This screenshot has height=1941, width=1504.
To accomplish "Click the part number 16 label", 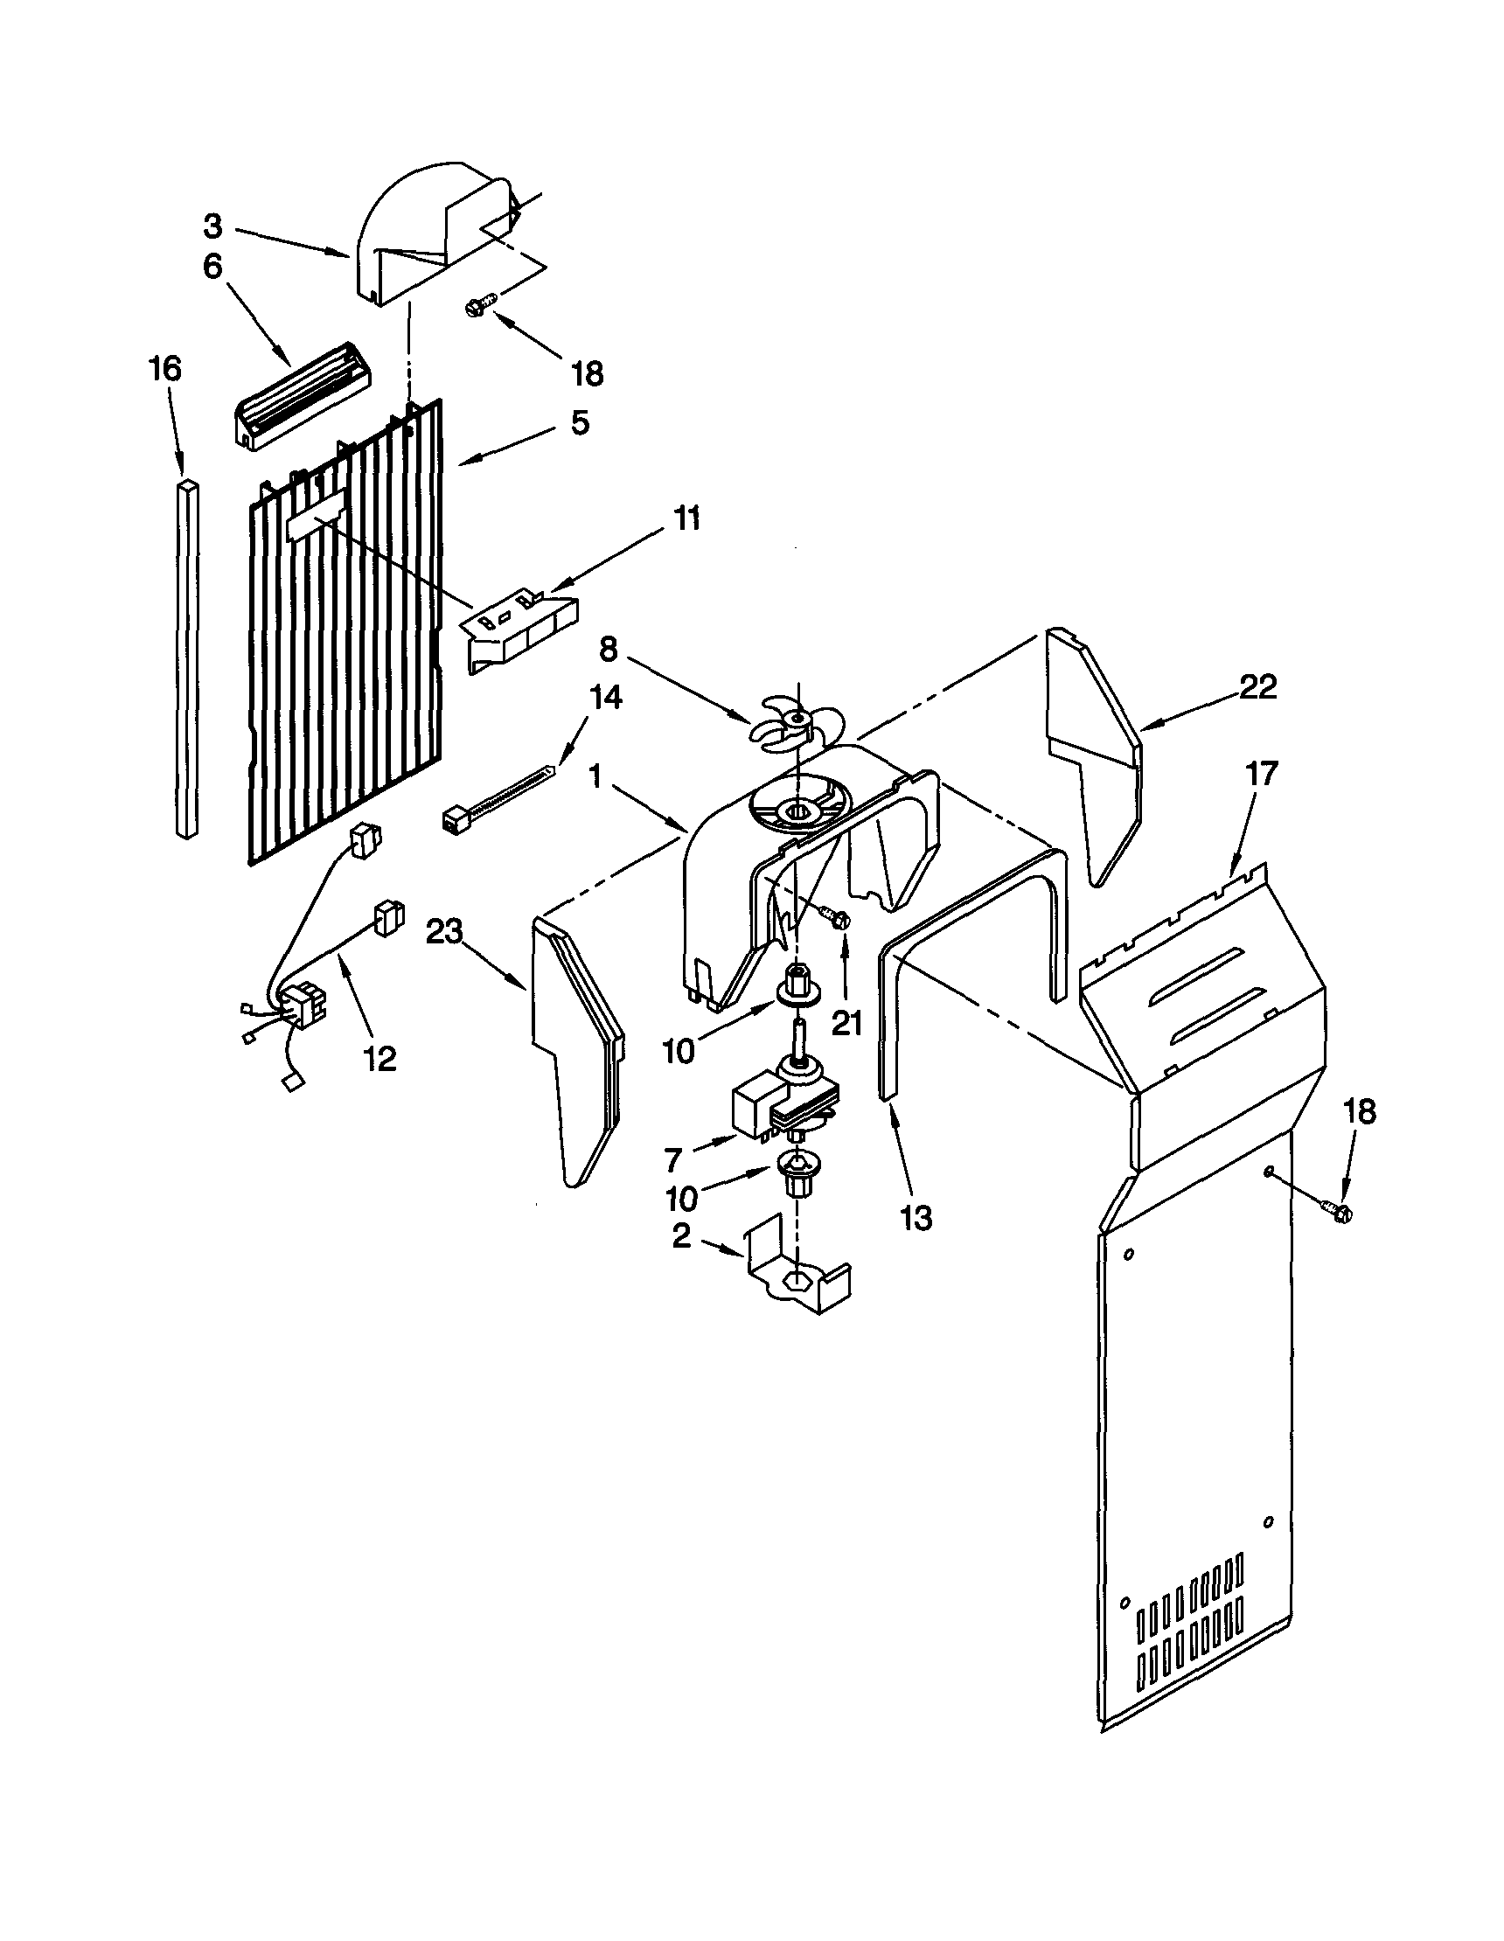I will click(x=165, y=368).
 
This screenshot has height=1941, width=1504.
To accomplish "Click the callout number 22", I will click(x=1257, y=686).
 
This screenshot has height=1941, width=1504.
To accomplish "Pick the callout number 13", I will click(x=916, y=1218).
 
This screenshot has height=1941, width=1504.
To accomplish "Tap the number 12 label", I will click(x=380, y=1058).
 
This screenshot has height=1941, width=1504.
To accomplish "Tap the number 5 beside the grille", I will click(x=580, y=423).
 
